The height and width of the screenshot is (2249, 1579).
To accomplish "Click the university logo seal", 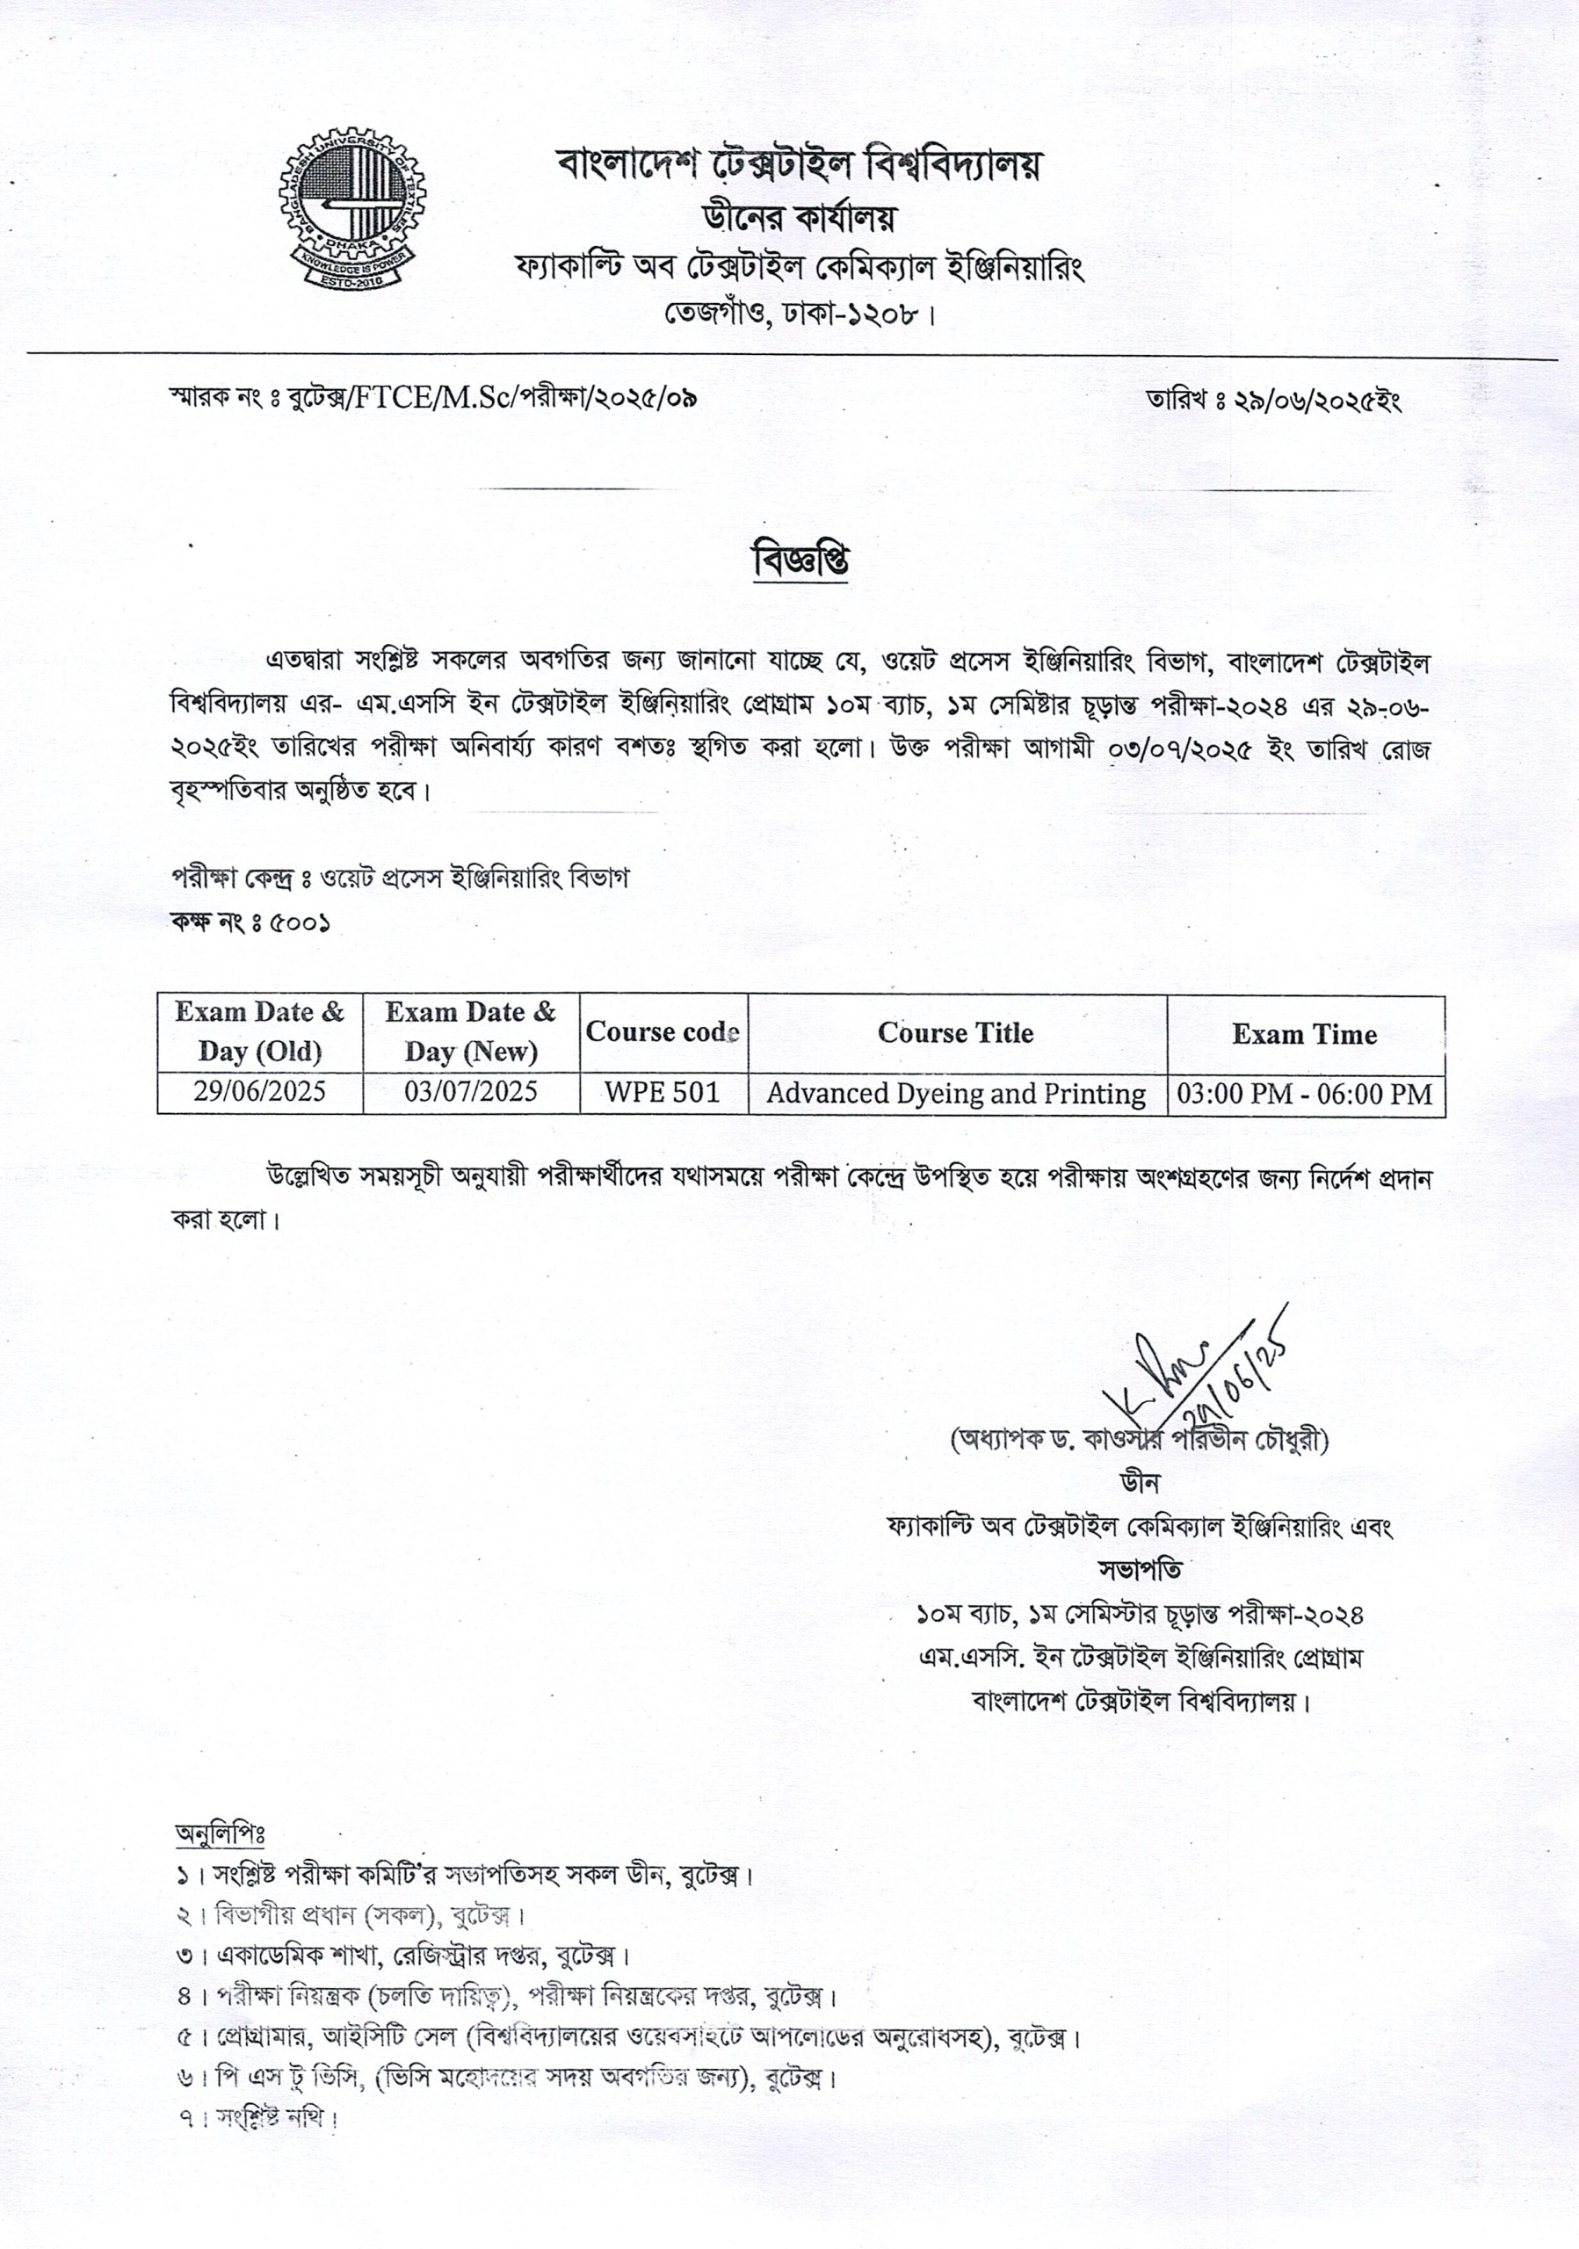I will click(350, 207).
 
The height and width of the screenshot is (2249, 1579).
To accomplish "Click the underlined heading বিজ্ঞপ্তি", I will click(800, 561).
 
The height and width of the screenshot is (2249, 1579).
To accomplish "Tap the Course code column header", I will click(663, 1031).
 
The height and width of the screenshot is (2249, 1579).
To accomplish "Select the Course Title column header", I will click(955, 1032).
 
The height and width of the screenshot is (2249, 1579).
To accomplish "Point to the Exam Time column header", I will click(1304, 1034).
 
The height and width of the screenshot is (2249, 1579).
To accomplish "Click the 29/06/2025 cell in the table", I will click(259, 1091).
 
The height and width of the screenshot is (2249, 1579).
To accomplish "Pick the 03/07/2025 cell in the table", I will click(470, 1091).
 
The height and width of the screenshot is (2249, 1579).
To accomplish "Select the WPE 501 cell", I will click(663, 1092).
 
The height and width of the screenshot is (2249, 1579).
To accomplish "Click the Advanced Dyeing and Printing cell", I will click(955, 1093).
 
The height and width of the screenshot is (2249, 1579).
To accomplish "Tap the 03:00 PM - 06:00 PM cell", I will click(1305, 1093).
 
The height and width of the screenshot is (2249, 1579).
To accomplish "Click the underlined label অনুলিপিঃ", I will click(220, 1833).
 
